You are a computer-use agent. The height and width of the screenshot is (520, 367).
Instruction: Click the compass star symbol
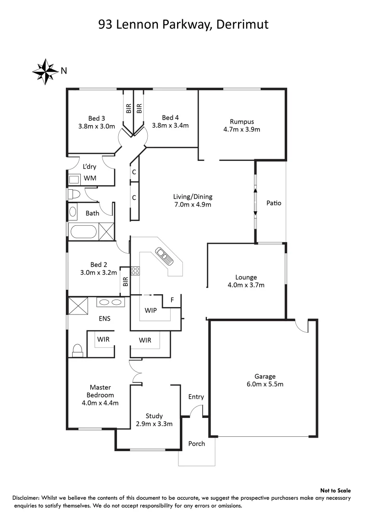pyautogui.click(x=46, y=71)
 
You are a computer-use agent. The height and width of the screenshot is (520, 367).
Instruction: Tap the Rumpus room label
pyautogui.click(x=241, y=121)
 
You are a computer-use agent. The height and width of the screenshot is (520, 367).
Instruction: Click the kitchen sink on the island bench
pyautogui.click(x=163, y=255)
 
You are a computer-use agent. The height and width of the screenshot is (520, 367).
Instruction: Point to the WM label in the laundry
pyautogui.click(x=90, y=179)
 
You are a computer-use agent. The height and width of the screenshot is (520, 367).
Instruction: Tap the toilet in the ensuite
pyautogui.click(x=77, y=350)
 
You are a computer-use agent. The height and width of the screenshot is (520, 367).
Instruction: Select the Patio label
pyautogui.click(x=274, y=203)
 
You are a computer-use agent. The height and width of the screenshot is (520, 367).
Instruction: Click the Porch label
pyautogui.click(x=196, y=443)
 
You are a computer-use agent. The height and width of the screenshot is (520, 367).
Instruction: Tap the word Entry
pyautogui.click(x=196, y=397)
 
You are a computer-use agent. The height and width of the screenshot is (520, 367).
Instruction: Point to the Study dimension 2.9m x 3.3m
pyautogui.click(x=154, y=424)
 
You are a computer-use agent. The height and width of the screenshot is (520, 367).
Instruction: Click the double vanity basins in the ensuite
pyautogui.click(x=110, y=302)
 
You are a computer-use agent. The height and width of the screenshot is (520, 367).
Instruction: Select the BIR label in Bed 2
pyautogui.click(x=125, y=281)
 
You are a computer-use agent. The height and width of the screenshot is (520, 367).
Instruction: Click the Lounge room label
pyautogui.click(x=246, y=277)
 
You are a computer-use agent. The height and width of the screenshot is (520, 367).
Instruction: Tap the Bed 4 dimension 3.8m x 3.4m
pyautogui.click(x=170, y=125)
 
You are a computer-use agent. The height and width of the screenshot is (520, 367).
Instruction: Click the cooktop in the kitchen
pyautogui.click(x=135, y=271)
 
